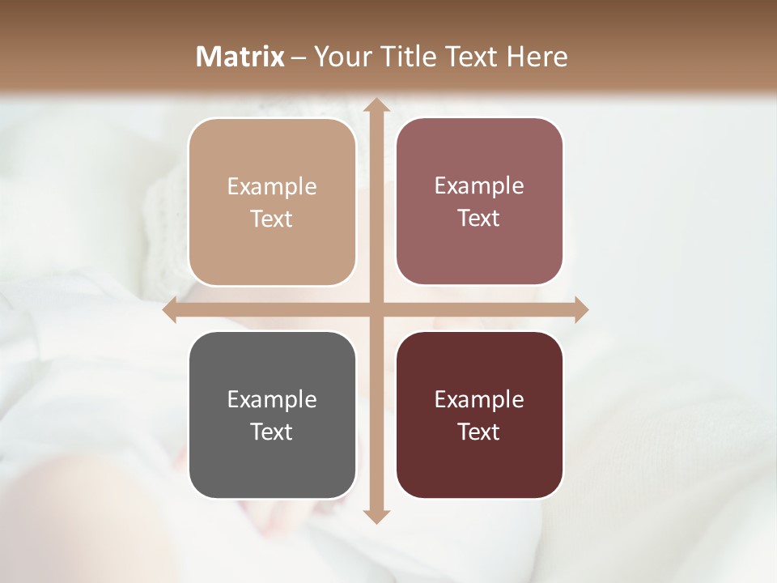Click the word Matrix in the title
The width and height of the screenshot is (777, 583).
pos(240,57)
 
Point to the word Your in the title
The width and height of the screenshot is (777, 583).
pos(339,57)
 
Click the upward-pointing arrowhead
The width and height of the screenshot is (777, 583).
pos(375,105)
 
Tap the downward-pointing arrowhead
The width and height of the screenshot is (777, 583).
pos(375,516)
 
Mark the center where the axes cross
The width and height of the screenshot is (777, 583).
pos(375,310)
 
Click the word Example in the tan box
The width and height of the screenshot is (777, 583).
pos(272,187)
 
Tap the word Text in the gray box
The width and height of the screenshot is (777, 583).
pos(272,432)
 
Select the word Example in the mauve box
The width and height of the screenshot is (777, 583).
pos(479,186)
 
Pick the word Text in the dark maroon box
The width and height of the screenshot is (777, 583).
pos(479,432)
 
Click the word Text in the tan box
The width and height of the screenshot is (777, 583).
pos(272,219)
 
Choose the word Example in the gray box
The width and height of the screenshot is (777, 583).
pos(272,399)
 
